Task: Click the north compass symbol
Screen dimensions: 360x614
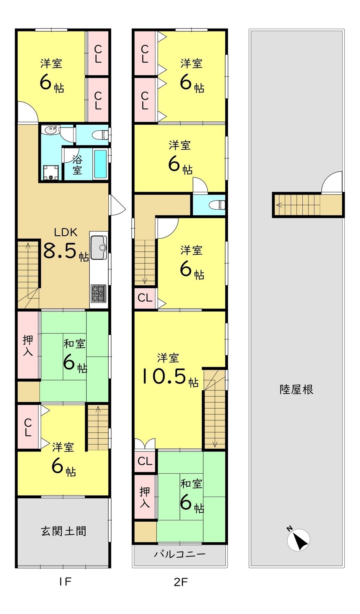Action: pos(298,540)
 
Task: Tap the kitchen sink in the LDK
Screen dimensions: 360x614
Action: pos(99,247)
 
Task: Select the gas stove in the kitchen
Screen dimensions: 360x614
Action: pos(98,294)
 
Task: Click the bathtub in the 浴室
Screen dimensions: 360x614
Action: pos(101,164)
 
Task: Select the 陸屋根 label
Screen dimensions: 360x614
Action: pos(296,389)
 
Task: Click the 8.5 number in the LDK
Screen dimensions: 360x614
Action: pos(61,250)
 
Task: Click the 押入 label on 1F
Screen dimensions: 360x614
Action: pos(28,345)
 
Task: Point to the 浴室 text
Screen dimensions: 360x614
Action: pos(77,165)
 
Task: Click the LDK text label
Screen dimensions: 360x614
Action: pos(66,232)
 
